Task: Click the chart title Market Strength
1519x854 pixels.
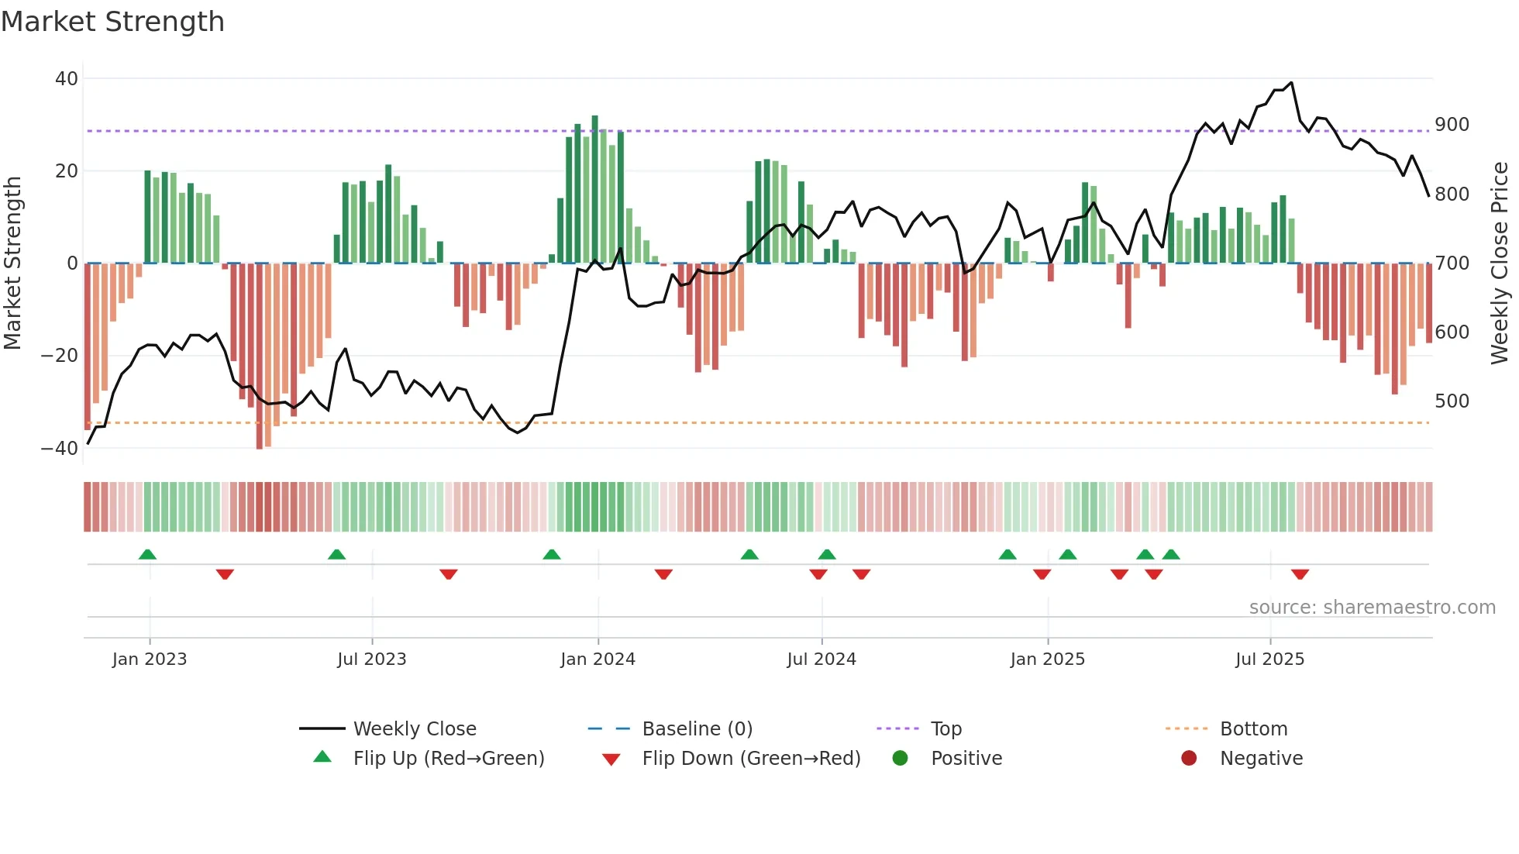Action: pyautogui.click(x=112, y=22)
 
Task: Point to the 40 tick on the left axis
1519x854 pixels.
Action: pyautogui.click(x=67, y=79)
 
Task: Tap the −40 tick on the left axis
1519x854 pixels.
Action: pyautogui.click(x=60, y=449)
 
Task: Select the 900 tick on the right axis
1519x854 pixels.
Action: pyautogui.click(x=1452, y=125)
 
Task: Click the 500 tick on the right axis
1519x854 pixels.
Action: pyautogui.click(x=1452, y=401)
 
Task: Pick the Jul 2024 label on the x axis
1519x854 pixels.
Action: pyautogui.click(x=821, y=659)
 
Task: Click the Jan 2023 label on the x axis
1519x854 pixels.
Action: pyautogui.click(x=150, y=659)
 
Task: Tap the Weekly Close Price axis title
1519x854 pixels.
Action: pyautogui.click(x=1500, y=263)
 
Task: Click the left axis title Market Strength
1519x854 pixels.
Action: pyautogui.click(x=13, y=263)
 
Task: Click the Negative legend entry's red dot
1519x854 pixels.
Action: pyautogui.click(x=1189, y=759)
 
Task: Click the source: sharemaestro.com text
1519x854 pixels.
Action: pyautogui.click(x=1372, y=608)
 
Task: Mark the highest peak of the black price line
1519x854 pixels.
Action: pyautogui.click(x=1291, y=83)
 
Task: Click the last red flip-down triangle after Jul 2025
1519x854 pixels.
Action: pyautogui.click(x=1300, y=574)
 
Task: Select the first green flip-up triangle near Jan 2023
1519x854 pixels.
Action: pyautogui.click(x=147, y=554)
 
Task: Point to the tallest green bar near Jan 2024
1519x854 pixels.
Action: pyautogui.click(x=594, y=190)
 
